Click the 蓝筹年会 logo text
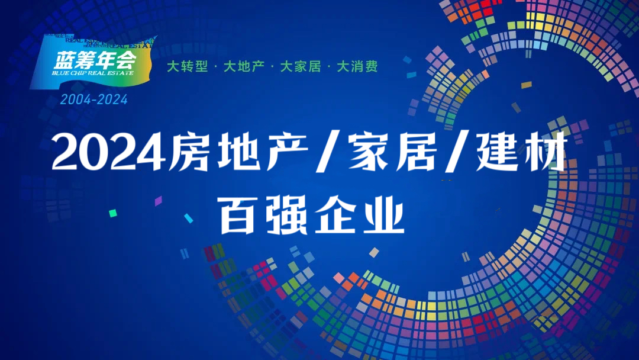[95, 60]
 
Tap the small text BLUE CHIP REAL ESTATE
[92, 73]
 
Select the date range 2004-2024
[93, 99]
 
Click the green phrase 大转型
[187, 66]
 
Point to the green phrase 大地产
[244, 66]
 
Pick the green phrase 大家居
[301, 66]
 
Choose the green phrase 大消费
[357, 66]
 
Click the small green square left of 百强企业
[113, 213]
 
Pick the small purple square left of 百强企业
[158, 201]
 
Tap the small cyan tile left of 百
[188, 218]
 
